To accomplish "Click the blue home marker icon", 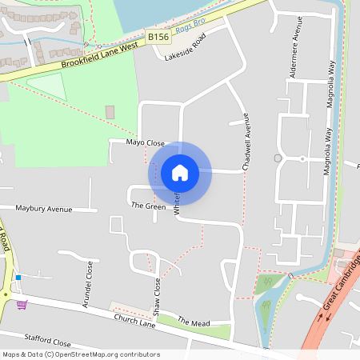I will tap(180, 172).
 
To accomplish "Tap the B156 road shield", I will tap(158, 37).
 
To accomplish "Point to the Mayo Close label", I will tap(145, 142).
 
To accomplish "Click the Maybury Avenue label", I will tap(43, 209).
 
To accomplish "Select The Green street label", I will tap(148, 206).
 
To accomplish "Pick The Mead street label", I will tap(193, 322).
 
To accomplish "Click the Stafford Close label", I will tap(47, 341).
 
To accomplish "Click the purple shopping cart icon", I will tap(22, 304).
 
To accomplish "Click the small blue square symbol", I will tap(18, 277).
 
